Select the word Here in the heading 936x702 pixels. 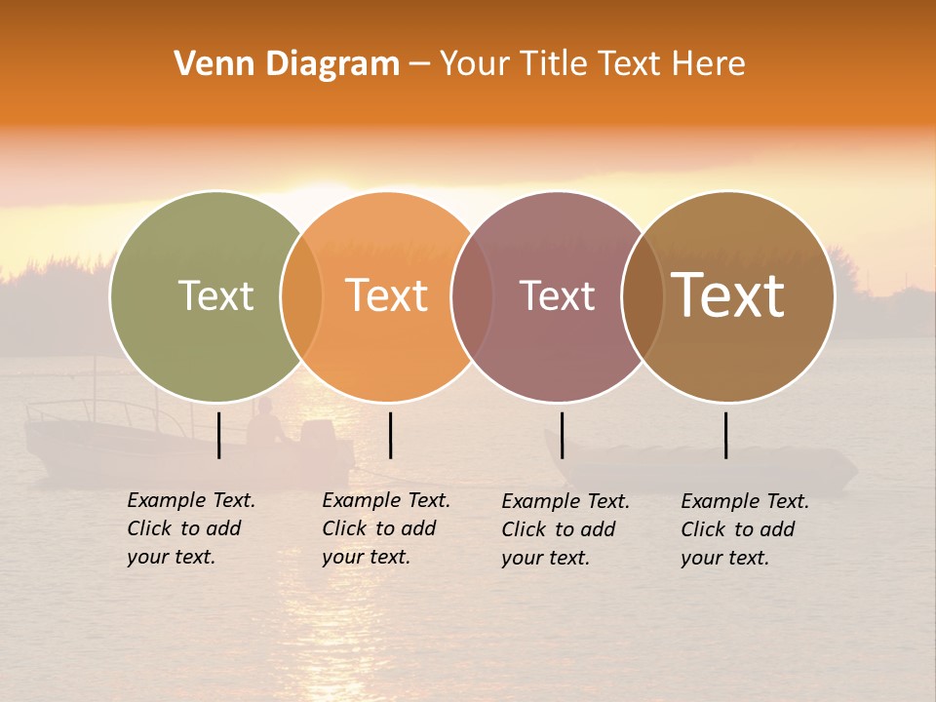point(710,64)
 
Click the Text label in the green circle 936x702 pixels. point(215,295)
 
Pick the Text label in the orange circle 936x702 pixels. point(386,295)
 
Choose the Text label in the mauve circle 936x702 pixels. point(557,295)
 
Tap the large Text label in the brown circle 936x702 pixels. point(727,295)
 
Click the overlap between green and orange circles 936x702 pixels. point(301,296)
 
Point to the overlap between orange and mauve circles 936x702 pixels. point(472,296)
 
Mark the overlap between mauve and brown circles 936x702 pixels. point(643,296)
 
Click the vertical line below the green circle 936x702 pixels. point(219,435)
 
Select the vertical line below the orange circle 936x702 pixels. point(390,435)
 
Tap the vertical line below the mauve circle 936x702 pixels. point(562,435)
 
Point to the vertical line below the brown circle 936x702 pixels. point(726,435)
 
